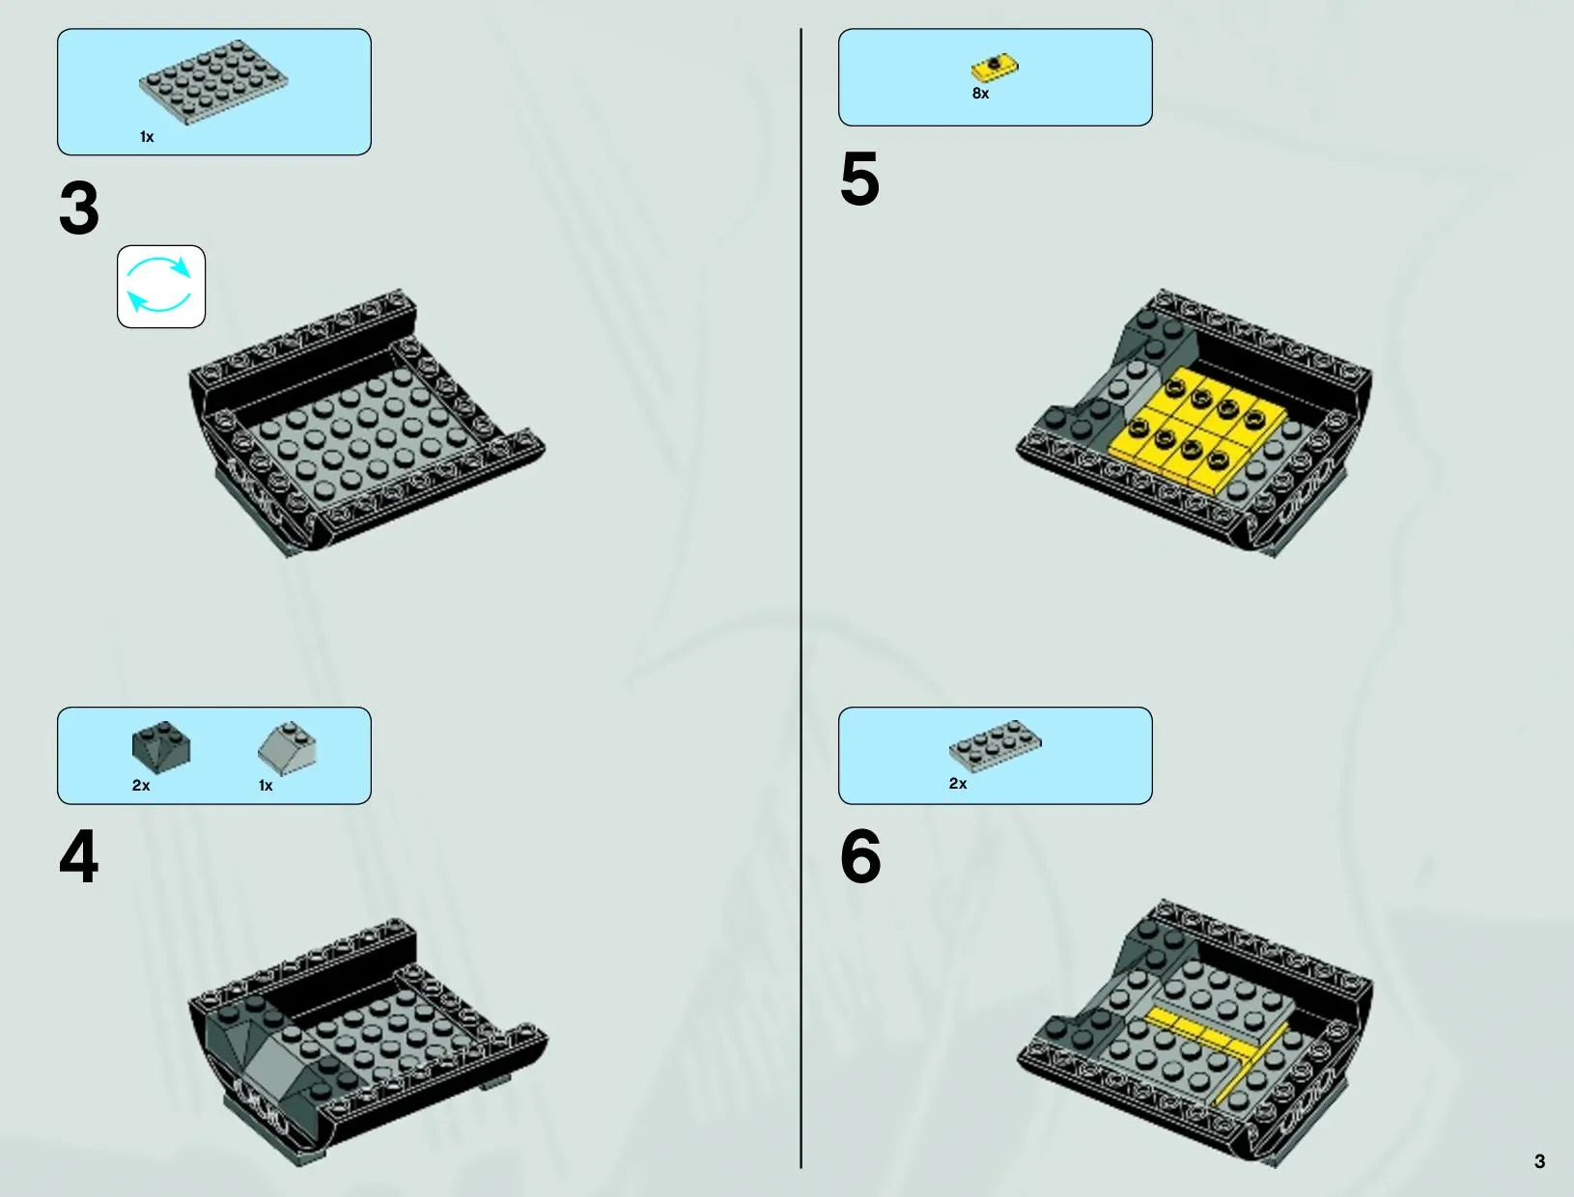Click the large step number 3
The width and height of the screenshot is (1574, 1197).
[79, 208]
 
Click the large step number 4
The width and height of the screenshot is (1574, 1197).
[79, 856]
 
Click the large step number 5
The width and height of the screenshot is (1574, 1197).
[859, 179]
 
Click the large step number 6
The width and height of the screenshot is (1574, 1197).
[860, 856]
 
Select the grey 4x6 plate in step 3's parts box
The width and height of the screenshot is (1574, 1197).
[213, 82]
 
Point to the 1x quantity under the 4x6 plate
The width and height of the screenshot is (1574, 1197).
[146, 137]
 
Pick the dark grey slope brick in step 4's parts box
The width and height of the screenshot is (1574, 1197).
[161, 747]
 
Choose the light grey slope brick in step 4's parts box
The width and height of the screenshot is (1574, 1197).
[287, 747]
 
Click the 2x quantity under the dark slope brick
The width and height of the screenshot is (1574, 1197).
[141, 786]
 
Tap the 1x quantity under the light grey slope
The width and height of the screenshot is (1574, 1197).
[266, 786]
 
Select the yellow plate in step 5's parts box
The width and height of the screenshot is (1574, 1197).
[995, 69]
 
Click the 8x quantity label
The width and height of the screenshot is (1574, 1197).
[980, 94]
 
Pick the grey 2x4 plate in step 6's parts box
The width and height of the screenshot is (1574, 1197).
[996, 745]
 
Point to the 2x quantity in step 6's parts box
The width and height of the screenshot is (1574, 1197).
[957, 784]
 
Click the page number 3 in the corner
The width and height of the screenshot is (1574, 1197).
[1539, 1161]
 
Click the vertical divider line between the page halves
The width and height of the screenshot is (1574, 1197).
[801, 598]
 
